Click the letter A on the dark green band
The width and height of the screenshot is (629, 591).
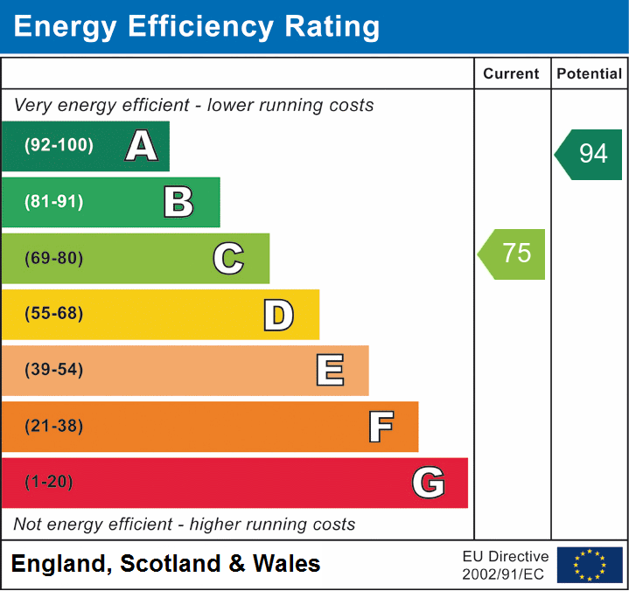(142, 146)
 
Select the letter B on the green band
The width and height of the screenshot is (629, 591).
(178, 202)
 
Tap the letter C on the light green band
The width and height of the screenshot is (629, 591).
(228, 258)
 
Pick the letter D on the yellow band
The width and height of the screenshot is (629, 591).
(278, 315)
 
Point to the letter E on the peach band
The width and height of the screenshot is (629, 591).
(329, 371)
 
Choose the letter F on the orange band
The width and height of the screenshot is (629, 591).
(380, 427)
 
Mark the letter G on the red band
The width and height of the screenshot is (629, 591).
(429, 483)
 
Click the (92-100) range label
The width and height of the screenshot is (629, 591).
(59, 146)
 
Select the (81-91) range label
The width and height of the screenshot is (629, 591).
(53, 202)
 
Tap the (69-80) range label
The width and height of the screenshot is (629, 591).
(53, 258)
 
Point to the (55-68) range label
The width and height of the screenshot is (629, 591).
(53, 314)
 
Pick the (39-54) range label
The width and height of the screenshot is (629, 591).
(53, 370)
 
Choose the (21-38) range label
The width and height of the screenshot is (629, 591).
(53, 427)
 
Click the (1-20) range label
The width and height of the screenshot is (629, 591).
(49, 483)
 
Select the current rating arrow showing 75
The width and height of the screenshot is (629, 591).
(513, 254)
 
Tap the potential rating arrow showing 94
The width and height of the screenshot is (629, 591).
(590, 154)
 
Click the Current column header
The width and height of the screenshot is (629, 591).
(512, 74)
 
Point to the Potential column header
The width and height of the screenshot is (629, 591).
(590, 74)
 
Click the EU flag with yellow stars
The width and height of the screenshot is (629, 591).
(590, 565)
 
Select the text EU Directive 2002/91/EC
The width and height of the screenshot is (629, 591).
(506, 565)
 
